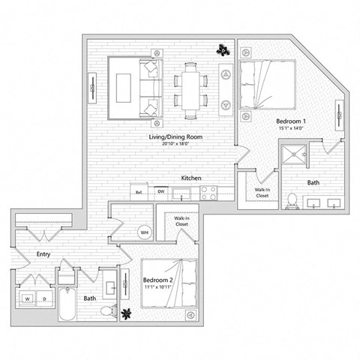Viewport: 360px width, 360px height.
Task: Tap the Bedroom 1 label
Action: (290, 121)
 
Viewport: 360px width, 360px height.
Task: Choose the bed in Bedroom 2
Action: (172, 283)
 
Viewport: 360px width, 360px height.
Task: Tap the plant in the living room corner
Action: (223, 50)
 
